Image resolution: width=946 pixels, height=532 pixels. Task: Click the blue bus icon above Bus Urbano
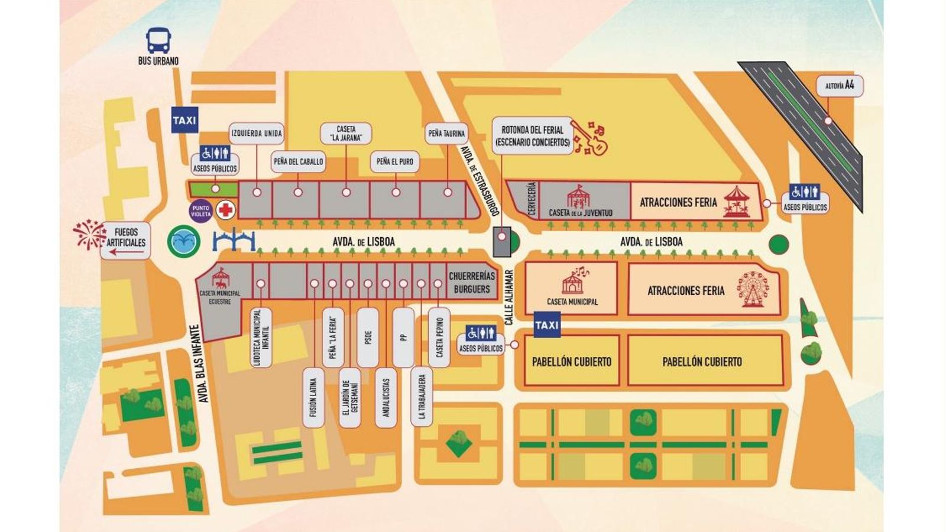click(x=158, y=40)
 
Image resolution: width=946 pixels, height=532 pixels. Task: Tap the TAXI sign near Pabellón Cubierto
click(x=547, y=325)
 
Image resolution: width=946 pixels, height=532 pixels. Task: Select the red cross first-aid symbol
click(x=225, y=210)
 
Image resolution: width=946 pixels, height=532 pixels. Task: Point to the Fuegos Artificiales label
click(x=126, y=238)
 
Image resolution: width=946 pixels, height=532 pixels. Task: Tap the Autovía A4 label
click(x=840, y=86)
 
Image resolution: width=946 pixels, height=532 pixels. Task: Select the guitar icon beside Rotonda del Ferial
click(x=591, y=138)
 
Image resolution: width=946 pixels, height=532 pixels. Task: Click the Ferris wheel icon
click(x=753, y=289)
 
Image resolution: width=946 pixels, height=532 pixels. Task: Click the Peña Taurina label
click(x=446, y=134)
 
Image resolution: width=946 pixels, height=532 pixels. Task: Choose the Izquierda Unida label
click(x=257, y=134)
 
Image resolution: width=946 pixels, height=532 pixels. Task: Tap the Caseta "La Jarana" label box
click(x=346, y=133)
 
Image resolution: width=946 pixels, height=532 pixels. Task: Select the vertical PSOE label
click(x=368, y=338)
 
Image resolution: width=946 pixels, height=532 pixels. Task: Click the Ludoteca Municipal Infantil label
click(x=261, y=338)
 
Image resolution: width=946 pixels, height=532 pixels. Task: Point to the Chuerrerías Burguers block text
click(x=471, y=283)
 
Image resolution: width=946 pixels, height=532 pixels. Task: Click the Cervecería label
click(x=531, y=200)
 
